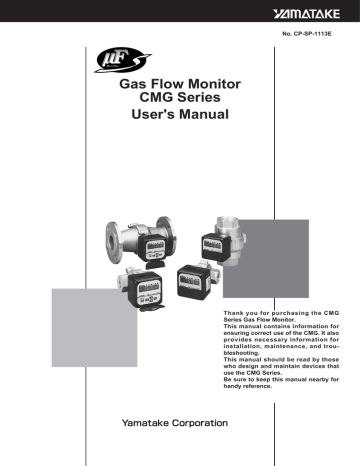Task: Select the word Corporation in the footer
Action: click(x=200, y=423)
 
